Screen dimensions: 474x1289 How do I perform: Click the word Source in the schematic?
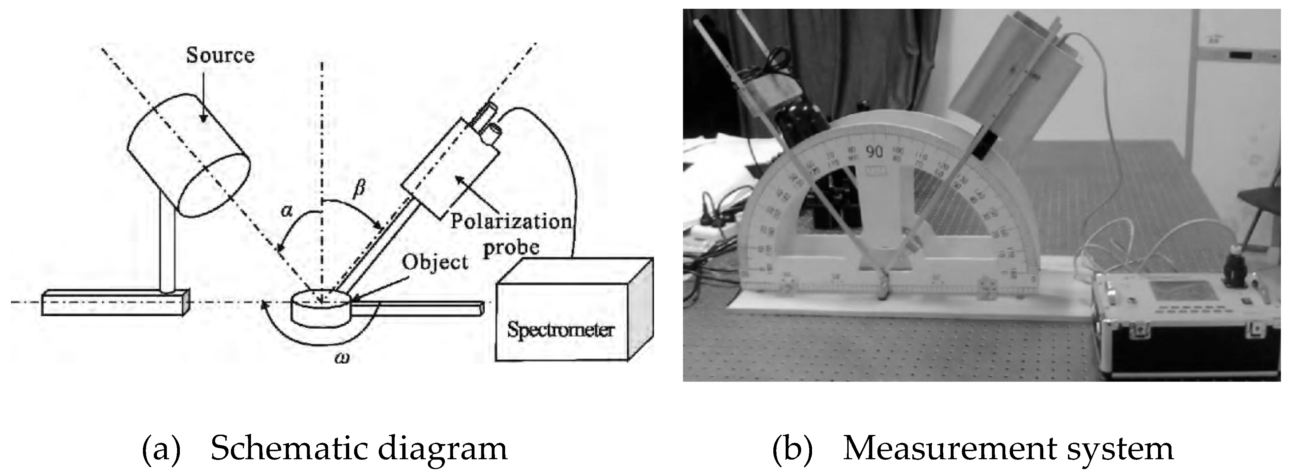pos(220,55)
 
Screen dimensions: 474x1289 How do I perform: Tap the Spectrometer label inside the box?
pos(560,330)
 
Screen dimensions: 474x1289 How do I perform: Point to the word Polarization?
pos(510,221)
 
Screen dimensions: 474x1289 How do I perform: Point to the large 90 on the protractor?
pos(874,152)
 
